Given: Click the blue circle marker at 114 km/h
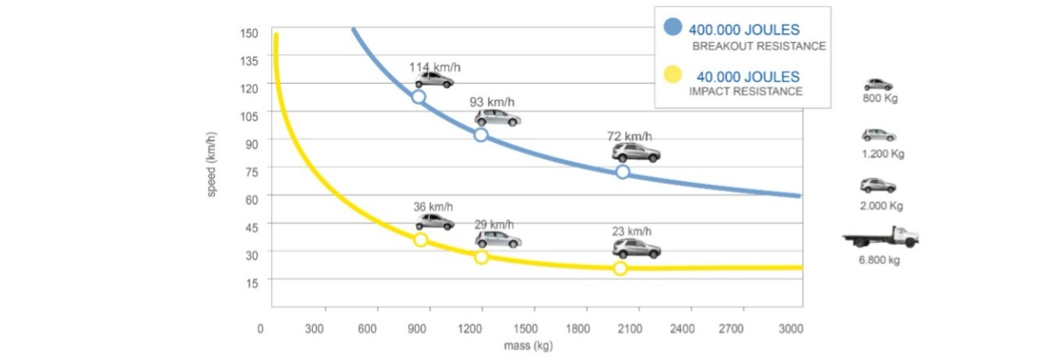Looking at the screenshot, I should pos(419,97).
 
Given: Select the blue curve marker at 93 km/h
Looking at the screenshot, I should pos(481,135).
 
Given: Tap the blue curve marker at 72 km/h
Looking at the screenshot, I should pos(623,171).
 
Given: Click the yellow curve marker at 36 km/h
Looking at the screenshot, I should pos(421,240).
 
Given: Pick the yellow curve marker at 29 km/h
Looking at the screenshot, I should pos(482,257).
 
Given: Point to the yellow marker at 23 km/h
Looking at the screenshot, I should pos(621,268).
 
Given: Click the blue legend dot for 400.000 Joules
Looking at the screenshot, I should pos(673,28).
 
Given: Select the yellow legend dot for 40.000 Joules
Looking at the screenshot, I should pos(673,76).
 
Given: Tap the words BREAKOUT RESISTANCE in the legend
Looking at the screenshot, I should pos(759,46).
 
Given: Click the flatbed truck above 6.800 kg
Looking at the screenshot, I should pos(881,238).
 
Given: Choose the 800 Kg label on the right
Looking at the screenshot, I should pos(879,99).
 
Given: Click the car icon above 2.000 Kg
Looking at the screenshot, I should pos(877,185).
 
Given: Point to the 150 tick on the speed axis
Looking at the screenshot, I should pos(249,33).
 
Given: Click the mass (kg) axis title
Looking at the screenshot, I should pos(529,347).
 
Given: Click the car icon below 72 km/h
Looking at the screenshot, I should pos(636,153).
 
